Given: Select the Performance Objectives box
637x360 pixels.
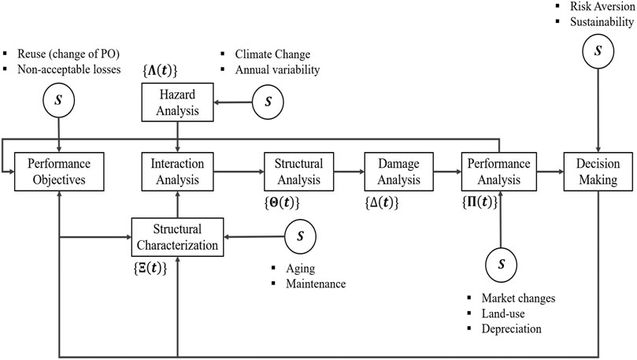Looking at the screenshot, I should click(60, 170).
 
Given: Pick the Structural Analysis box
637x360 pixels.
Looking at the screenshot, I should click(298, 170).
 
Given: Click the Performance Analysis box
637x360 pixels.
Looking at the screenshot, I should click(499, 170).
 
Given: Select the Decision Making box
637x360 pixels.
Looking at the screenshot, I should click(601, 170).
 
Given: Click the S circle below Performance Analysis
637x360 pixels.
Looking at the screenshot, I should click(499, 262).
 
